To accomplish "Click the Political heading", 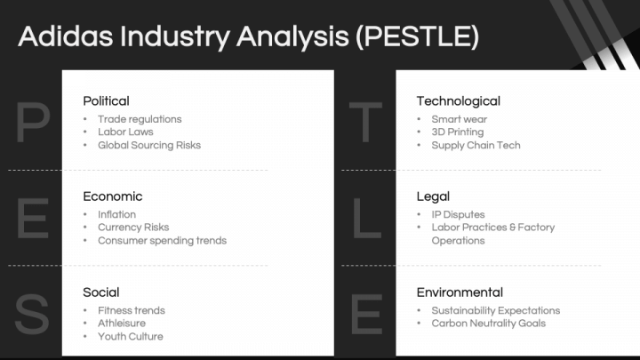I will [x=106, y=100].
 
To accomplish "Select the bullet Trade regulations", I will [x=140, y=119].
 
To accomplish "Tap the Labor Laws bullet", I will [x=125, y=132].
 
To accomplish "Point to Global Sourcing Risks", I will [x=149, y=145].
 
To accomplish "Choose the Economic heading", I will [x=112, y=196].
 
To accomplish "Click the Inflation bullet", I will [x=116, y=214].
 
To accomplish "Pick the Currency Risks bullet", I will [x=133, y=228].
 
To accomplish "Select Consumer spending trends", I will [x=162, y=240].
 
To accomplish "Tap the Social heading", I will [x=100, y=292].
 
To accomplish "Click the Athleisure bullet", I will [x=122, y=324].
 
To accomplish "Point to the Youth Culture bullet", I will [x=130, y=336].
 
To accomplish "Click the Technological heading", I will [x=458, y=100].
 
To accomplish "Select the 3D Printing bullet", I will [x=458, y=132].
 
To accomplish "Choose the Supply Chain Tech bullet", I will [x=476, y=145].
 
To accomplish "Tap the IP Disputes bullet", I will [x=458, y=214].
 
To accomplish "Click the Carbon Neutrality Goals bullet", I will [x=488, y=324].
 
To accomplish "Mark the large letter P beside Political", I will [x=33, y=124].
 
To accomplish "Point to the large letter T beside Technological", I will [x=365, y=124].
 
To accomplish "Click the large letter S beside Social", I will [x=32, y=316].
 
